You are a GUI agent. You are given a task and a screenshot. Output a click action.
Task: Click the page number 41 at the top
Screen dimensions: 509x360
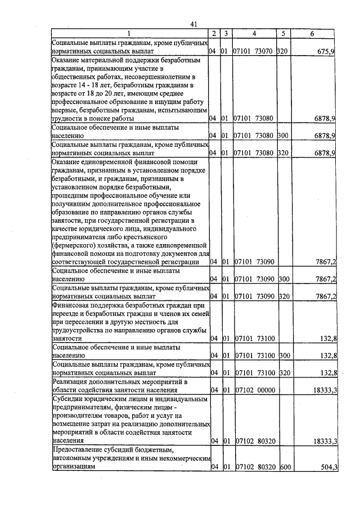coord(193,24)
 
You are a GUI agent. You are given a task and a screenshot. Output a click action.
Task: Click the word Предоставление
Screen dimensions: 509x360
coord(80,451)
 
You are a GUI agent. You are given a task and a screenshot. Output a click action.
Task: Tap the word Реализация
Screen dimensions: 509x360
coord(71,382)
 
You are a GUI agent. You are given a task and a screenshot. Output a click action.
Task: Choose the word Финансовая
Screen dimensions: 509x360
coord(73,305)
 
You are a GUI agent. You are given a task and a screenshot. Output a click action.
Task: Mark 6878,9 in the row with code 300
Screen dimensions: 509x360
coord(325,136)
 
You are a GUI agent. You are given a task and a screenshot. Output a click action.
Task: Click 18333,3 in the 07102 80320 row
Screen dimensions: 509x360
coord(325,442)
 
